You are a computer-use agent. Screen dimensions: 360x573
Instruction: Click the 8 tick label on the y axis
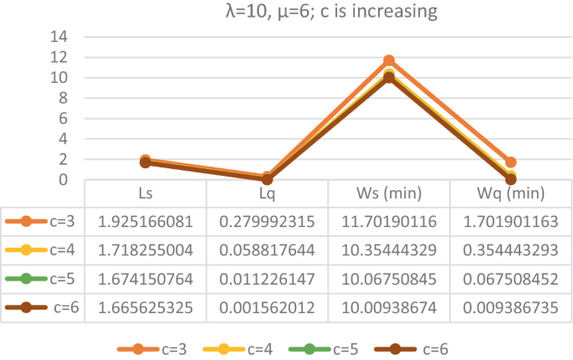click(x=63, y=98)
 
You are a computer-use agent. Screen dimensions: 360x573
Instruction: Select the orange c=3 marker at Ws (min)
click(x=389, y=61)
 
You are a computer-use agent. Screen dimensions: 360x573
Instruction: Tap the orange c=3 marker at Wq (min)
click(x=510, y=162)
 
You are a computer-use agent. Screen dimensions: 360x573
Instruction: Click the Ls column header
click(x=146, y=193)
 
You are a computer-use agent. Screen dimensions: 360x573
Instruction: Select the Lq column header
click(x=267, y=193)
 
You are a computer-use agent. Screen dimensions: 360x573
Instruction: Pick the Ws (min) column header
click(x=389, y=193)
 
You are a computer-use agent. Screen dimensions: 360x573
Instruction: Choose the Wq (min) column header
click(x=510, y=193)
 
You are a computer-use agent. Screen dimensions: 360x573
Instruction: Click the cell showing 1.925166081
click(x=146, y=222)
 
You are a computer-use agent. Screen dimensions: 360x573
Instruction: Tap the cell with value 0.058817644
click(x=267, y=250)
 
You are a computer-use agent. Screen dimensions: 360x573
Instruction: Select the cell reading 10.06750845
click(x=389, y=279)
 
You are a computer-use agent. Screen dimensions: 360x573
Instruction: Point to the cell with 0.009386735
click(x=510, y=307)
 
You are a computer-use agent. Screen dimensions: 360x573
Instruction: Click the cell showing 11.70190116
click(x=389, y=222)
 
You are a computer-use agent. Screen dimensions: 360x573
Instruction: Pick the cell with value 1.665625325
click(x=146, y=307)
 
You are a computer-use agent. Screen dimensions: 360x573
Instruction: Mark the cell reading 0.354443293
click(x=510, y=250)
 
